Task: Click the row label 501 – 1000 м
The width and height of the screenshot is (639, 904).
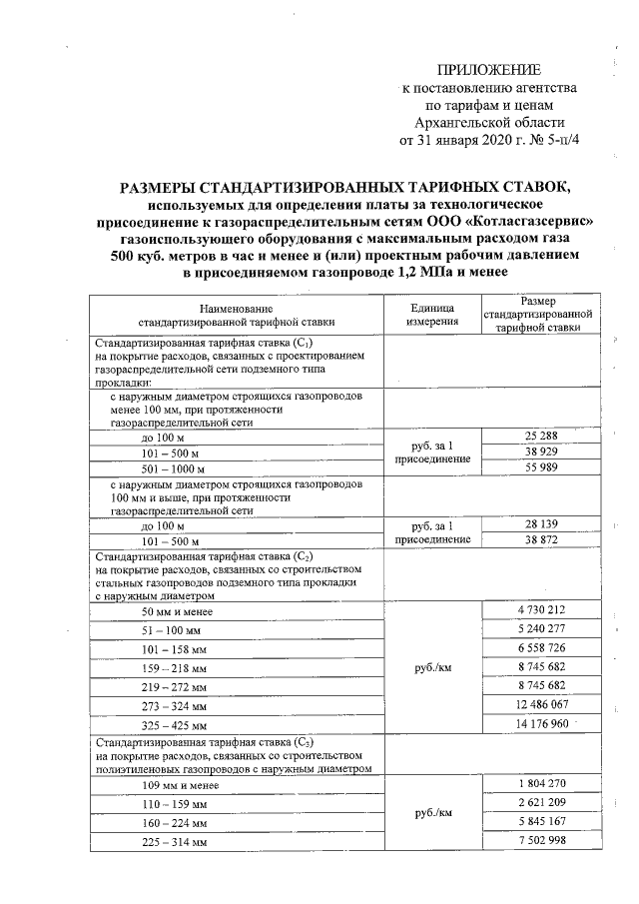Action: coord(173,468)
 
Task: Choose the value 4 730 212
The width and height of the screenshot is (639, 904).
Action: coord(537,609)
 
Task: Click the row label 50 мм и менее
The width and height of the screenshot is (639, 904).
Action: coord(176,611)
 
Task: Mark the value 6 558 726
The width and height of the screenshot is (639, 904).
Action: coord(537,648)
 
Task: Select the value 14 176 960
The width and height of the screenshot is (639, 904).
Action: coord(537,723)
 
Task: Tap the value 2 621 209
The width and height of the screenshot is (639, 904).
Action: coord(537,805)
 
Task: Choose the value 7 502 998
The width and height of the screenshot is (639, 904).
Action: coord(537,842)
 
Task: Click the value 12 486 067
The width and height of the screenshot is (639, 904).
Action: coord(537,704)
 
